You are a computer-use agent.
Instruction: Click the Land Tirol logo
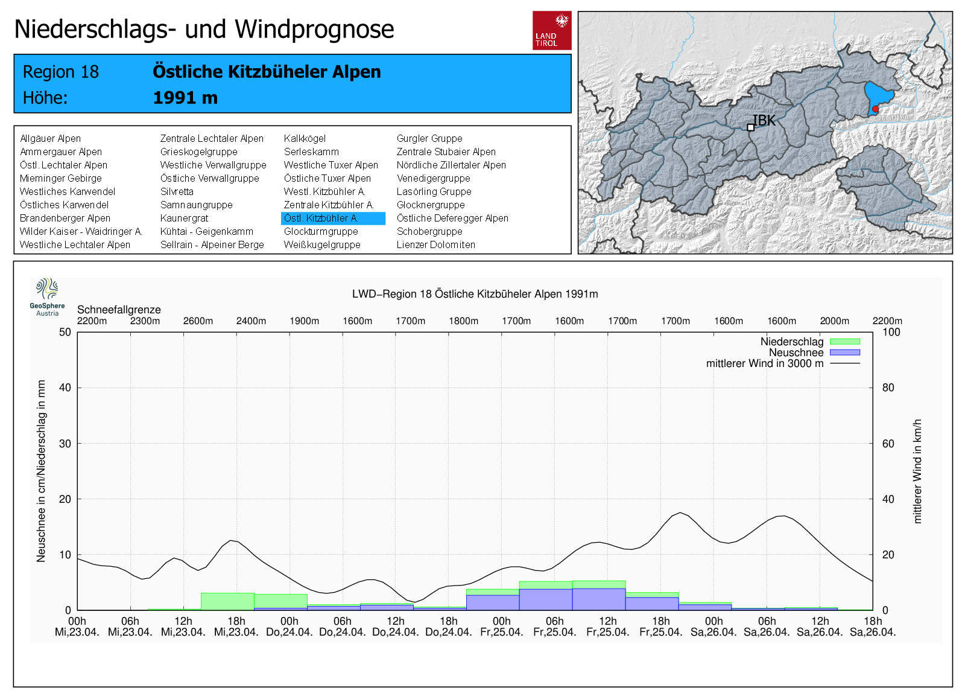pyautogui.click(x=551, y=30)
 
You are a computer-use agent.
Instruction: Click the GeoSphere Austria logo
pyautogui.click(x=47, y=296)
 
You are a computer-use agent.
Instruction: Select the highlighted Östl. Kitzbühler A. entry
pyautogui.click(x=332, y=219)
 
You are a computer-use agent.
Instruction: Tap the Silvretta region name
pyautogui.click(x=177, y=192)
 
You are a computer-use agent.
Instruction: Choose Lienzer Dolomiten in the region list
pyautogui.click(x=435, y=245)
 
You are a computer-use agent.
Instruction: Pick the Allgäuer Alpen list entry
pyautogui.click(x=50, y=139)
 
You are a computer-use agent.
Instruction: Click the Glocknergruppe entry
pyautogui.click(x=430, y=205)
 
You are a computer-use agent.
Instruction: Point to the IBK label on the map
pyautogui.click(x=764, y=120)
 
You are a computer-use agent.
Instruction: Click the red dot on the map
pyautogui.click(x=875, y=109)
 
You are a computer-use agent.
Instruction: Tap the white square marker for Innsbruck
pyautogui.click(x=750, y=127)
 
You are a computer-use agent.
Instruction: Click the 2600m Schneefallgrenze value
pyautogui.click(x=198, y=321)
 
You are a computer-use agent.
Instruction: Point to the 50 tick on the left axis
pyautogui.click(x=65, y=332)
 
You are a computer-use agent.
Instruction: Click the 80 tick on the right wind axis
pyautogui.click(x=888, y=388)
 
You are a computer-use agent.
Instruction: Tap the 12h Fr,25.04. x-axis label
pyautogui.click(x=608, y=627)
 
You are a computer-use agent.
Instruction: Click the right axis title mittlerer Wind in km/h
pyautogui.click(x=917, y=471)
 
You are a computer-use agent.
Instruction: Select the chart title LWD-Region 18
pyautogui.click(x=475, y=294)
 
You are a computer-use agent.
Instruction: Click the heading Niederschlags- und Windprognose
pyautogui.click(x=204, y=29)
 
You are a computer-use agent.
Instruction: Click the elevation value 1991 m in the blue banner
pyautogui.click(x=185, y=98)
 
